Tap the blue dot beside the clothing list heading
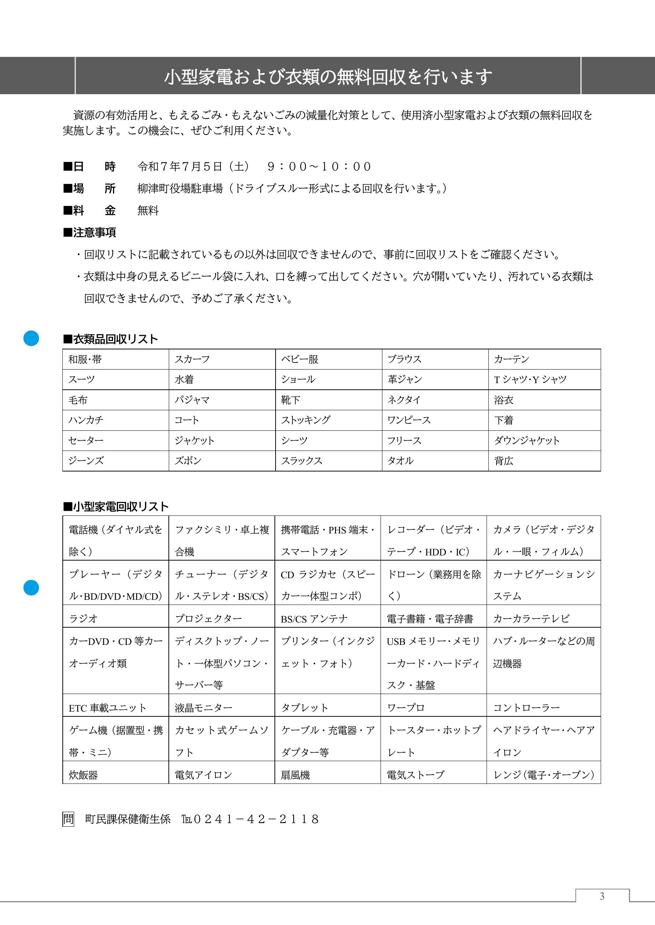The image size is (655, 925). (x=31, y=338)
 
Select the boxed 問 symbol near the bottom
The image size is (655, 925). (x=68, y=819)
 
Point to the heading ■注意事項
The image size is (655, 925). (x=90, y=232)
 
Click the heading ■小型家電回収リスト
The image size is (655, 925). (x=116, y=506)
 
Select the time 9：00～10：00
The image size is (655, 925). (x=319, y=166)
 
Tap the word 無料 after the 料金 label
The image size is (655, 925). (x=148, y=210)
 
